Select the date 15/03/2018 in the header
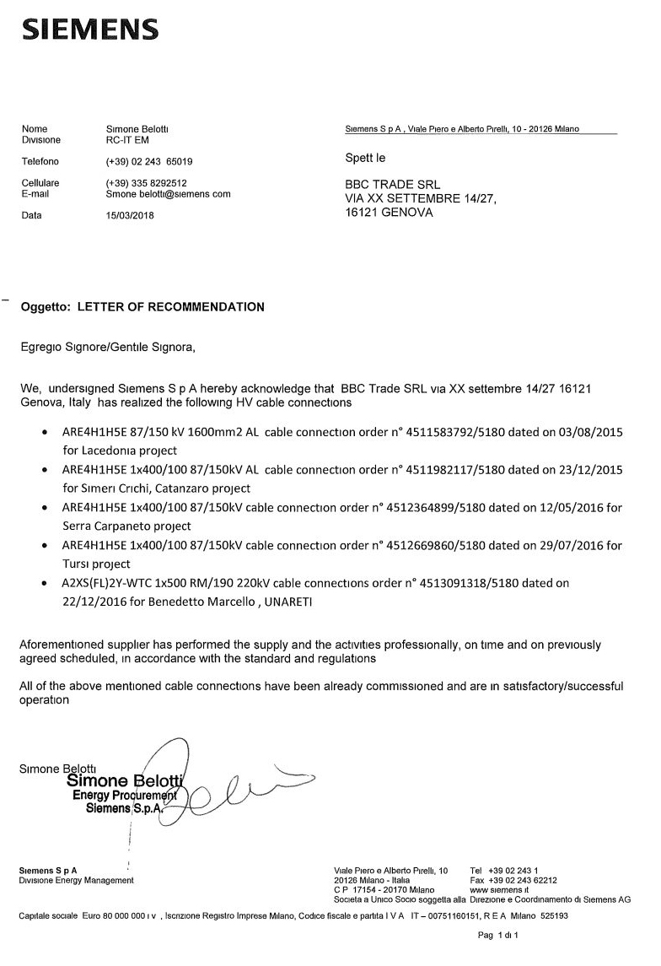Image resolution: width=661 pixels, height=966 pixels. point(131,215)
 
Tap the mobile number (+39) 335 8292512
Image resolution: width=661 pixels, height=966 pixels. point(147,182)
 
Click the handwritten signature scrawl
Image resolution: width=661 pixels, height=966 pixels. point(236,785)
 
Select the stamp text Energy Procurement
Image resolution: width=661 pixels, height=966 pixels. point(124,795)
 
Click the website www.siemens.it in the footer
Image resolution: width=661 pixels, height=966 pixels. point(500,889)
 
